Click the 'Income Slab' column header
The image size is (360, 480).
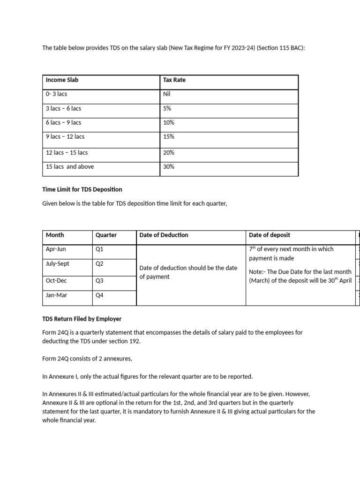point(62,80)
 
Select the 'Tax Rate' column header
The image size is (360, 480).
point(174,80)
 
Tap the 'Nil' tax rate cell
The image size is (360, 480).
point(167,94)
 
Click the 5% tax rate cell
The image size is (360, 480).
point(167,108)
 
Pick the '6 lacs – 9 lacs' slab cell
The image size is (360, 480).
point(63,122)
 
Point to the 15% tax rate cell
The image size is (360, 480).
point(169,137)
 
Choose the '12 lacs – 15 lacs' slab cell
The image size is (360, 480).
point(67,153)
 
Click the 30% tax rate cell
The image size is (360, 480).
point(169,166)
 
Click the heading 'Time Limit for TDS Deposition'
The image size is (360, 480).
point(82,189)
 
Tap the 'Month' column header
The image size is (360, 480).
point(55,235)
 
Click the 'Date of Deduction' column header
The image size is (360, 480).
point(164,235)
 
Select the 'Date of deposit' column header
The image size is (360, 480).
point(270,235)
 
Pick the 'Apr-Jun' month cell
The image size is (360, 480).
point(56,249)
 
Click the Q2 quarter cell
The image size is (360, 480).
point(99,264)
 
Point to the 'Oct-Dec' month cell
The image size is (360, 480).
point(57,281)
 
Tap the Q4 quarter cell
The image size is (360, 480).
point(99,295)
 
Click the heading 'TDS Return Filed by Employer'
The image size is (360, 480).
point(82,319)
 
